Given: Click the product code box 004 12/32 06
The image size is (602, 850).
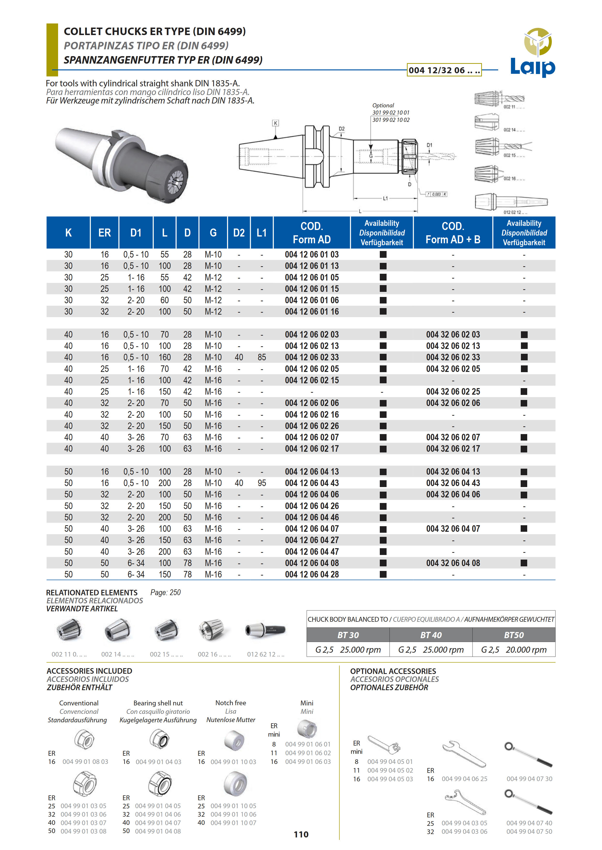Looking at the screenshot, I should coord(444,70).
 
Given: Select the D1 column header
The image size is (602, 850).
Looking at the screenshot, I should coord(136,233).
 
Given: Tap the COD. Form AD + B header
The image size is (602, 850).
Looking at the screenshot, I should coord(453,233).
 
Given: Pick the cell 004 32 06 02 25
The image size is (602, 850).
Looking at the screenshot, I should coord(453,392).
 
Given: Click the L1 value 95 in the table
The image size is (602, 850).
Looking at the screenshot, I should coord(262,483).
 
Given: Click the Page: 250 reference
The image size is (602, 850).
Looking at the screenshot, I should coord(165,592).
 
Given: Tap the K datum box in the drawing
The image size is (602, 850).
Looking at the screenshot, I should coord(275,123).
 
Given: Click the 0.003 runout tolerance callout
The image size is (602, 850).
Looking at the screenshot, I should coord(436,194).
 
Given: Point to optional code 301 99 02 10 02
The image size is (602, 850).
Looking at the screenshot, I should coord(391,120).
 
